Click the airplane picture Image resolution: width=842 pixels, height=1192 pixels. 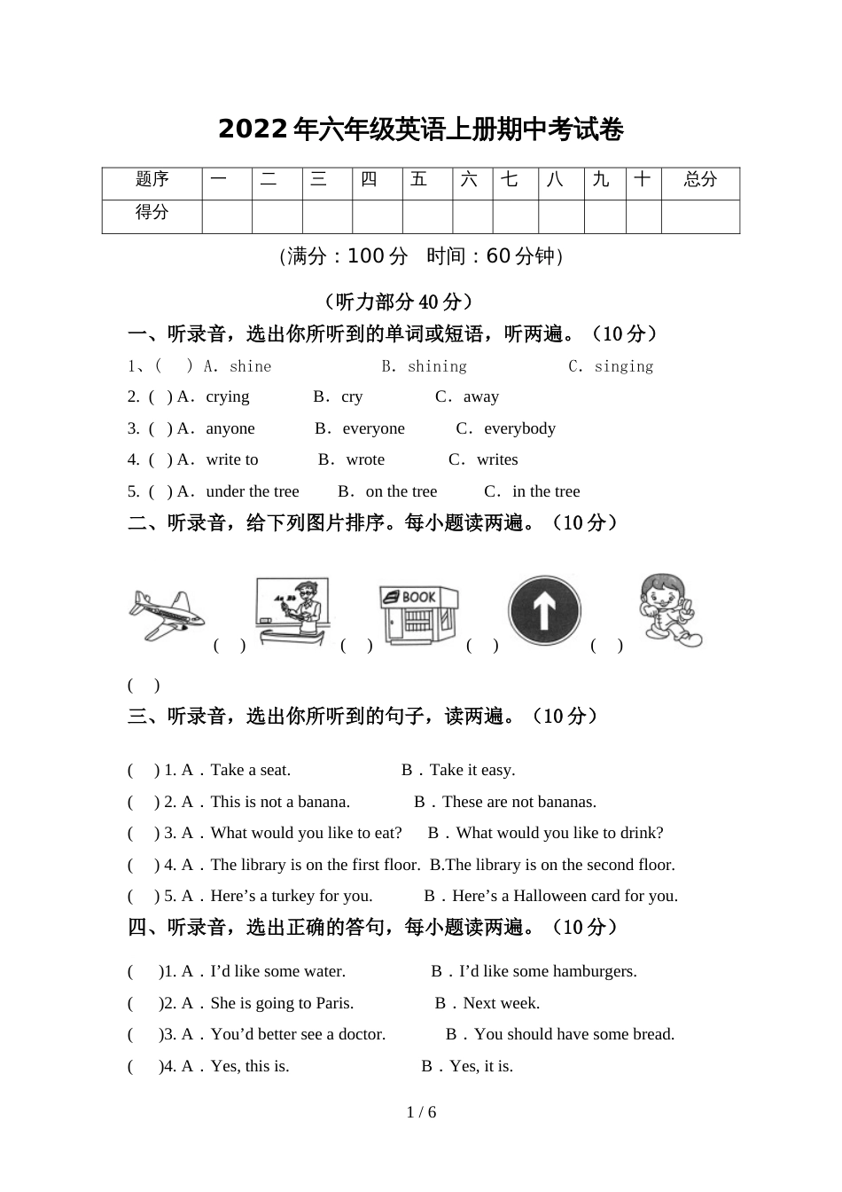click(x=166, y=614)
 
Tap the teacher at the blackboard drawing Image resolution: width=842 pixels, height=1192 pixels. click(x=292, y=611)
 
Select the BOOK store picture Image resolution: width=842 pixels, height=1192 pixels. click(x=418, y=613)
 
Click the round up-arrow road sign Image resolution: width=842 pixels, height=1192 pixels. click(x=544, y=611)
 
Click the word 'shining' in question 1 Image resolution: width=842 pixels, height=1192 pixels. click(x=437, y=366)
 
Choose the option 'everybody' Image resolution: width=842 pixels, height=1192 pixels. click(x=519, y=428)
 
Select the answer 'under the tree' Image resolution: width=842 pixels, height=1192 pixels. click(x=253, y=491)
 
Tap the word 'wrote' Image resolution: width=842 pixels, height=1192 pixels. click(x=365, y=459)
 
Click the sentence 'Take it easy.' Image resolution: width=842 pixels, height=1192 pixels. click(x=472, y=770)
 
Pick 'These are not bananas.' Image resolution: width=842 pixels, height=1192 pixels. click(x=519, y=802)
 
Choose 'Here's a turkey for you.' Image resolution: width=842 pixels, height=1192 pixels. click(x=292, y=896)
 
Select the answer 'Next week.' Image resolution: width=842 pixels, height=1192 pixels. click(x=502, y=1003)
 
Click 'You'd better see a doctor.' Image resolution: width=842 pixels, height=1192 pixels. click(x=298, y=1034)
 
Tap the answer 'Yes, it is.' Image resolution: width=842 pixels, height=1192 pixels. click(x=481, y=1066)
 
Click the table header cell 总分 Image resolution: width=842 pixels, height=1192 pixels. click(x=700, y=180)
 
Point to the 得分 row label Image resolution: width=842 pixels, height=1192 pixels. click(x=152, y=213)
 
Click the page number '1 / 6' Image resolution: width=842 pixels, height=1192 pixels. click(x=421, y=1112)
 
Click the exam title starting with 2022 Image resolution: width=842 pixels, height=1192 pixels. click(x=421, y=130)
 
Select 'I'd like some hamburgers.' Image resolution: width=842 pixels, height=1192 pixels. click(x=548, y=971)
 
